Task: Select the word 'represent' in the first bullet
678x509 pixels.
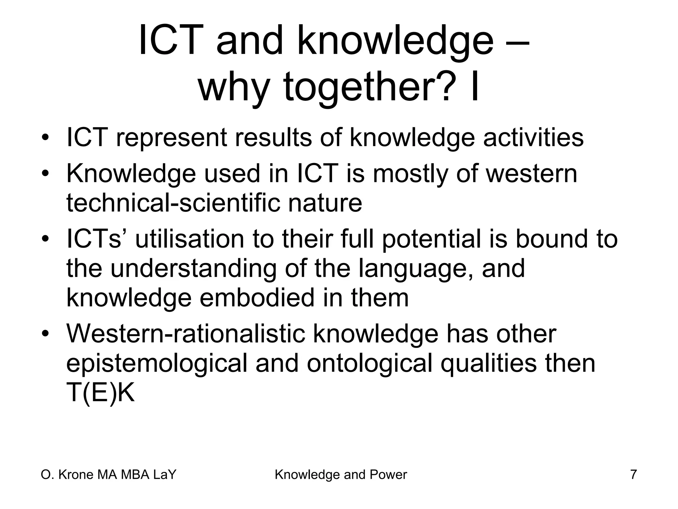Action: coord(171,138)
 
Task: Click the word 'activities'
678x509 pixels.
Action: coord(533,137)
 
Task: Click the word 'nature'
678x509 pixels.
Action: coord(325,203)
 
